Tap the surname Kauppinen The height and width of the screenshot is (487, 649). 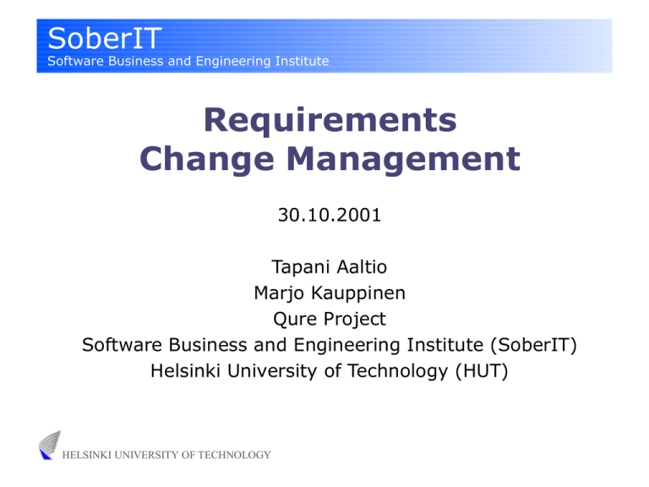tap(354, 294)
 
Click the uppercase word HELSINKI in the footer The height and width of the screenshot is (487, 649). tap(89, 456)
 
